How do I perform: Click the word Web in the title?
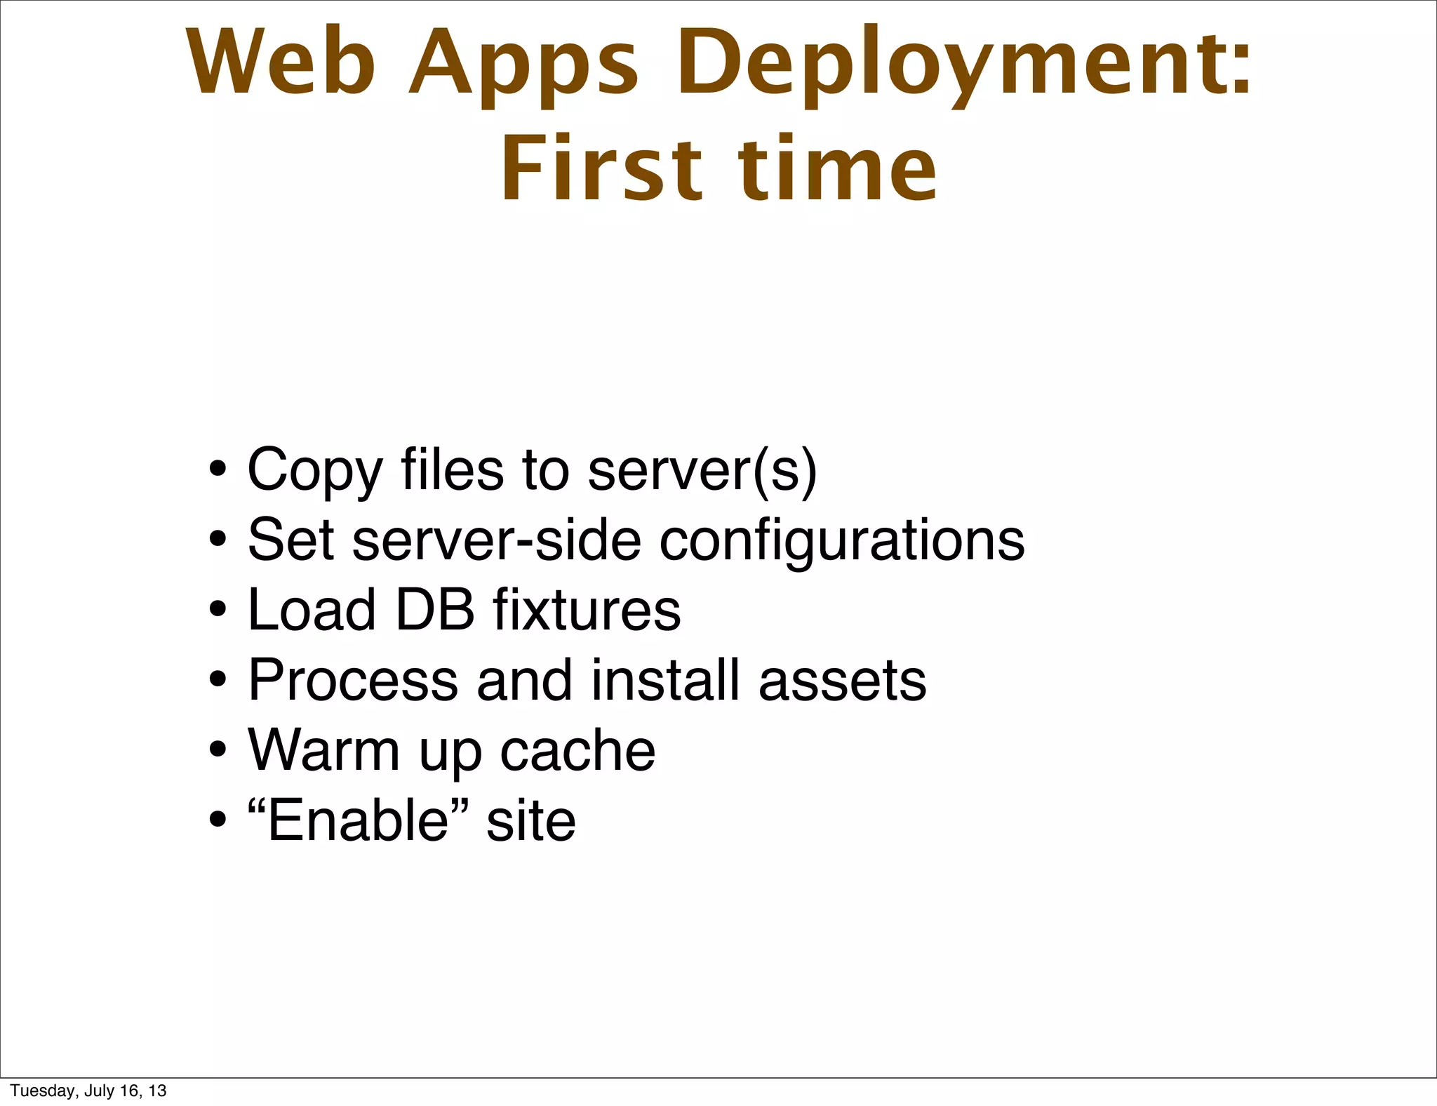281,63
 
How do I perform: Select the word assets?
842,681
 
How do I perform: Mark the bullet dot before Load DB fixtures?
218,609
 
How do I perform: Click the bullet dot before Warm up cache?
218,749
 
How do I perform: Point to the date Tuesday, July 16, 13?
88,1091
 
